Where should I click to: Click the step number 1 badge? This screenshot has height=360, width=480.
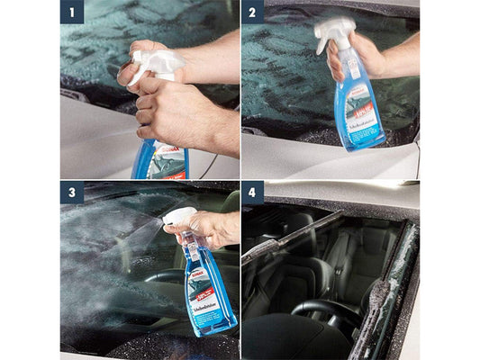click(72, 12)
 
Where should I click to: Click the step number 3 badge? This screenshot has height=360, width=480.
click(72, 193)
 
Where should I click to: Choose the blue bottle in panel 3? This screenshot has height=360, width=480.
click(209, 288)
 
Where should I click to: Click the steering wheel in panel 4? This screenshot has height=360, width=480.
click(320, 310)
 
